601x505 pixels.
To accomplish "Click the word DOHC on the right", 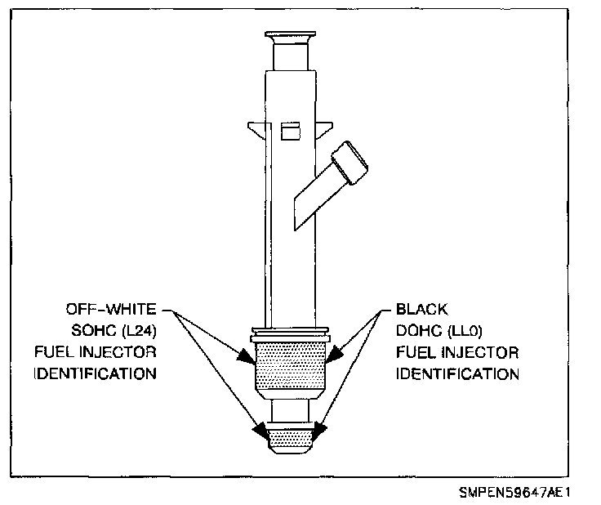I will [x=417, y=331].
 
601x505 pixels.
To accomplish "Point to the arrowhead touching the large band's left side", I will [x=247, y=358].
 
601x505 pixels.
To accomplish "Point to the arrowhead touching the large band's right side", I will [x=334, y=357].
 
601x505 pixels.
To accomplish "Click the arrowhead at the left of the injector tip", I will [x=260, y=429].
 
